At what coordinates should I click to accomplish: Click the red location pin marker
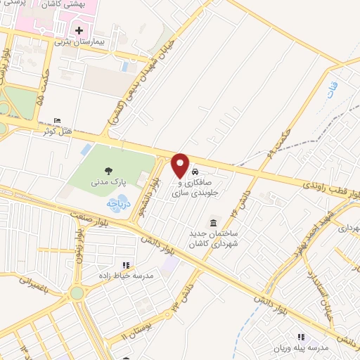click(x=180, y=165)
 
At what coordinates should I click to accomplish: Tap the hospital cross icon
click(x=79, y=30)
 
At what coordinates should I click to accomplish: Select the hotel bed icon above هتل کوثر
click(x=57, y=122)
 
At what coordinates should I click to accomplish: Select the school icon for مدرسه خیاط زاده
click(x=127, y=265)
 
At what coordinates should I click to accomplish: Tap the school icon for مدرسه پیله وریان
click(x=301, y=337)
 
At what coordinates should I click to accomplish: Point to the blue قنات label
click(x=331, y=89)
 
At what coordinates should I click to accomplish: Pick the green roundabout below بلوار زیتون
click(x=77, y=291)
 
